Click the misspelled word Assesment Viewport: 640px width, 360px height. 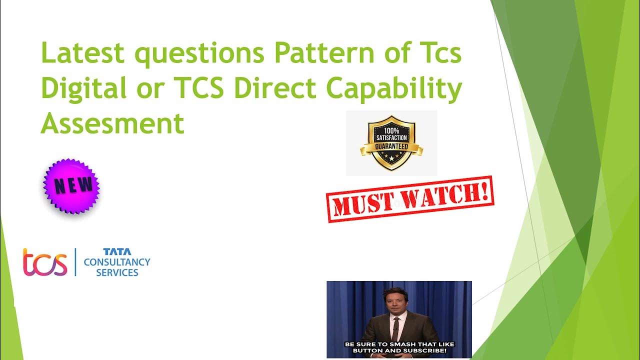(112, 123)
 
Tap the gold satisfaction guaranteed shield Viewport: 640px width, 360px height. (391, 142)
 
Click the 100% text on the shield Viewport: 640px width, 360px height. (391, 131)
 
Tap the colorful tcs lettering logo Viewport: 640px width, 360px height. (45, 262)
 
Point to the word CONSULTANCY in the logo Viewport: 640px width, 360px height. (117, 262)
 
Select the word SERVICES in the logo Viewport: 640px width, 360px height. (117, 273)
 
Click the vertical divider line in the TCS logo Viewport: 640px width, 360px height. (75, 262)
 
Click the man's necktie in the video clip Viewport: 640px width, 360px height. (395, 327)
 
